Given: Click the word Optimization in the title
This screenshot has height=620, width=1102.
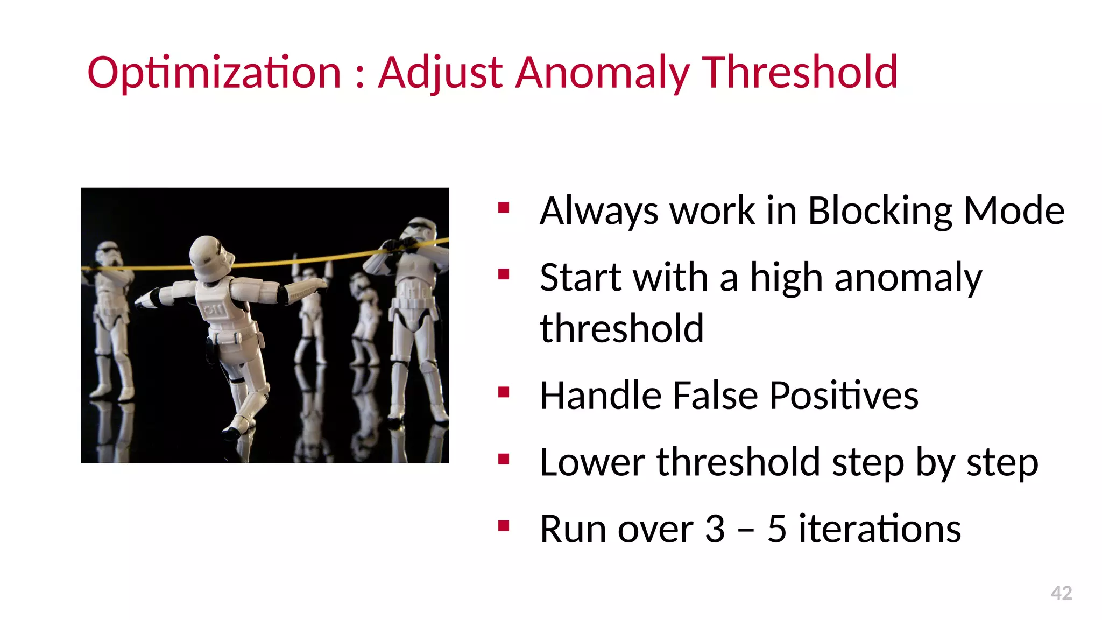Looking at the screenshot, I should (214, 73).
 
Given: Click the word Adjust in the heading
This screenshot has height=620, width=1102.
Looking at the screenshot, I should (441, 73).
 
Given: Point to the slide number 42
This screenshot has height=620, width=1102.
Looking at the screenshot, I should (1061, 593).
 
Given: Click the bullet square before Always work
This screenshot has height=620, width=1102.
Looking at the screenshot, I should (504, 208).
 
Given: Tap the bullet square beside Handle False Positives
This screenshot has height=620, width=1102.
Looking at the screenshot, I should (504, 393).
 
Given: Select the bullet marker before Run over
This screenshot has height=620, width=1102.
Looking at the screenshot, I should (504, 526).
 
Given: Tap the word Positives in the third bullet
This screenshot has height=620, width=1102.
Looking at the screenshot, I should (844, 396).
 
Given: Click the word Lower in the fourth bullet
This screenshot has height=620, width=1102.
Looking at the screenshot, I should (592, 462).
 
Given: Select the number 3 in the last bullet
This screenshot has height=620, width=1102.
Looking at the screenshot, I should (715, 529).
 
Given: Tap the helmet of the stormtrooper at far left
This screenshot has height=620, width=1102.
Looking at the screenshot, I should (108, 253).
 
